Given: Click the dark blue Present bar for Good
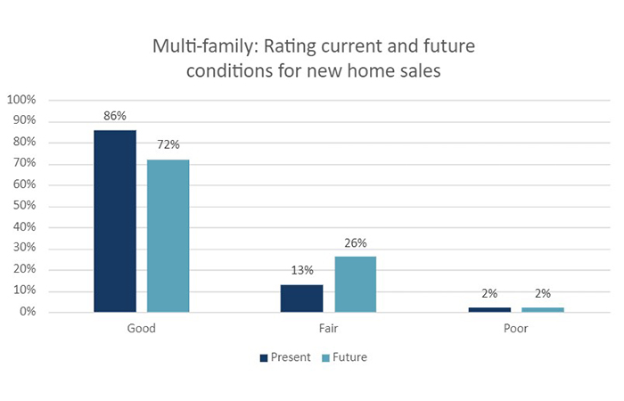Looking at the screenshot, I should pyautogui.click(x=115, y=221).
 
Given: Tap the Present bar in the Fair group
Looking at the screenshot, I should pyautogui.click(x=301, y=298).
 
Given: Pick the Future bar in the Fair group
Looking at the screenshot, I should pyautogui.click(x=355, y=284).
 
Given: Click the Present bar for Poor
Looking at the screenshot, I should pyautogui.click(x=489, y=309).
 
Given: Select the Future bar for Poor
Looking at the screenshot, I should pyautogui.click(x=542, y=309).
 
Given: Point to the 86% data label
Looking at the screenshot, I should pyautogui.click(x=115, y=116).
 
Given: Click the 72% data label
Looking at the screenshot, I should pyautogui.click(x=168, y=145).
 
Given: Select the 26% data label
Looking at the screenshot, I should pyautogui.click(x=355, y=242).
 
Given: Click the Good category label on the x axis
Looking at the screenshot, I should pyautogui.click(x=141, y=329).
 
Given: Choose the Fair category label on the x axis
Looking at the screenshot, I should pyautogui.click(x=328, y=329).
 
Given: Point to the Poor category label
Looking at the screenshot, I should pyautogui.click(x=515, y=329).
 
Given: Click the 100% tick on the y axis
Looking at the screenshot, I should pyautogui.click(x=21, y=100).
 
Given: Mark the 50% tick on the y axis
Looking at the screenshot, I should pyautogui.click(x=23, y=206).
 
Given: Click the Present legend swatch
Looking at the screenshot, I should pyautogui.click(x=264, y=357).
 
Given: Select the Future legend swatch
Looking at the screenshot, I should pyautogui.click(x=326, y=357).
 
